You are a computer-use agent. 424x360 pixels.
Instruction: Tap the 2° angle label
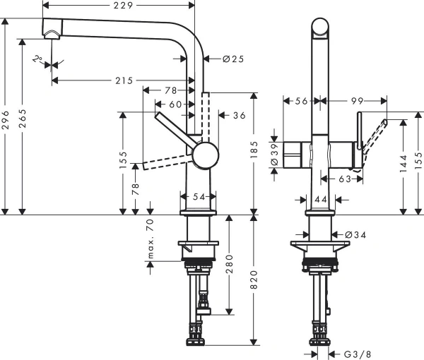coord(37,60)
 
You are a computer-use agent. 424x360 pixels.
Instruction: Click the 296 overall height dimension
coord(7,117)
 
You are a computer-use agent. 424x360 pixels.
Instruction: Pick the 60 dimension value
coord(176,104)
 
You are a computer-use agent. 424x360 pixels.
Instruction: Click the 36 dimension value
coord(238,116)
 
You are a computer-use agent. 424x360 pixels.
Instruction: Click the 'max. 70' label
coord(150,239)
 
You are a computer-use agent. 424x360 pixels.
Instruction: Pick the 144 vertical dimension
coord(404,165)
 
